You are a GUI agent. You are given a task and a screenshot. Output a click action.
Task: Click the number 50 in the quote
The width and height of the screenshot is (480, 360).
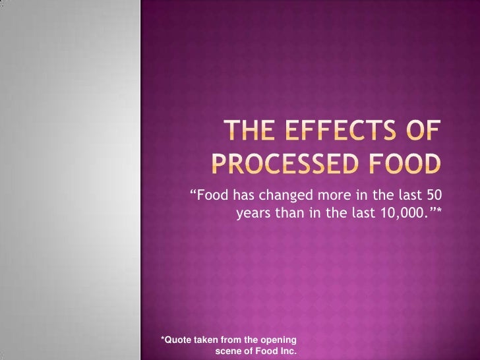[x=433, y=196]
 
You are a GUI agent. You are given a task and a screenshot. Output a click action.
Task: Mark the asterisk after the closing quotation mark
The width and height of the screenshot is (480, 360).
[x=438, y=210]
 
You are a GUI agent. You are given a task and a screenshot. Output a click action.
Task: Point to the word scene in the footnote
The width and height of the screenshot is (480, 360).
[x=228, y=351]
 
